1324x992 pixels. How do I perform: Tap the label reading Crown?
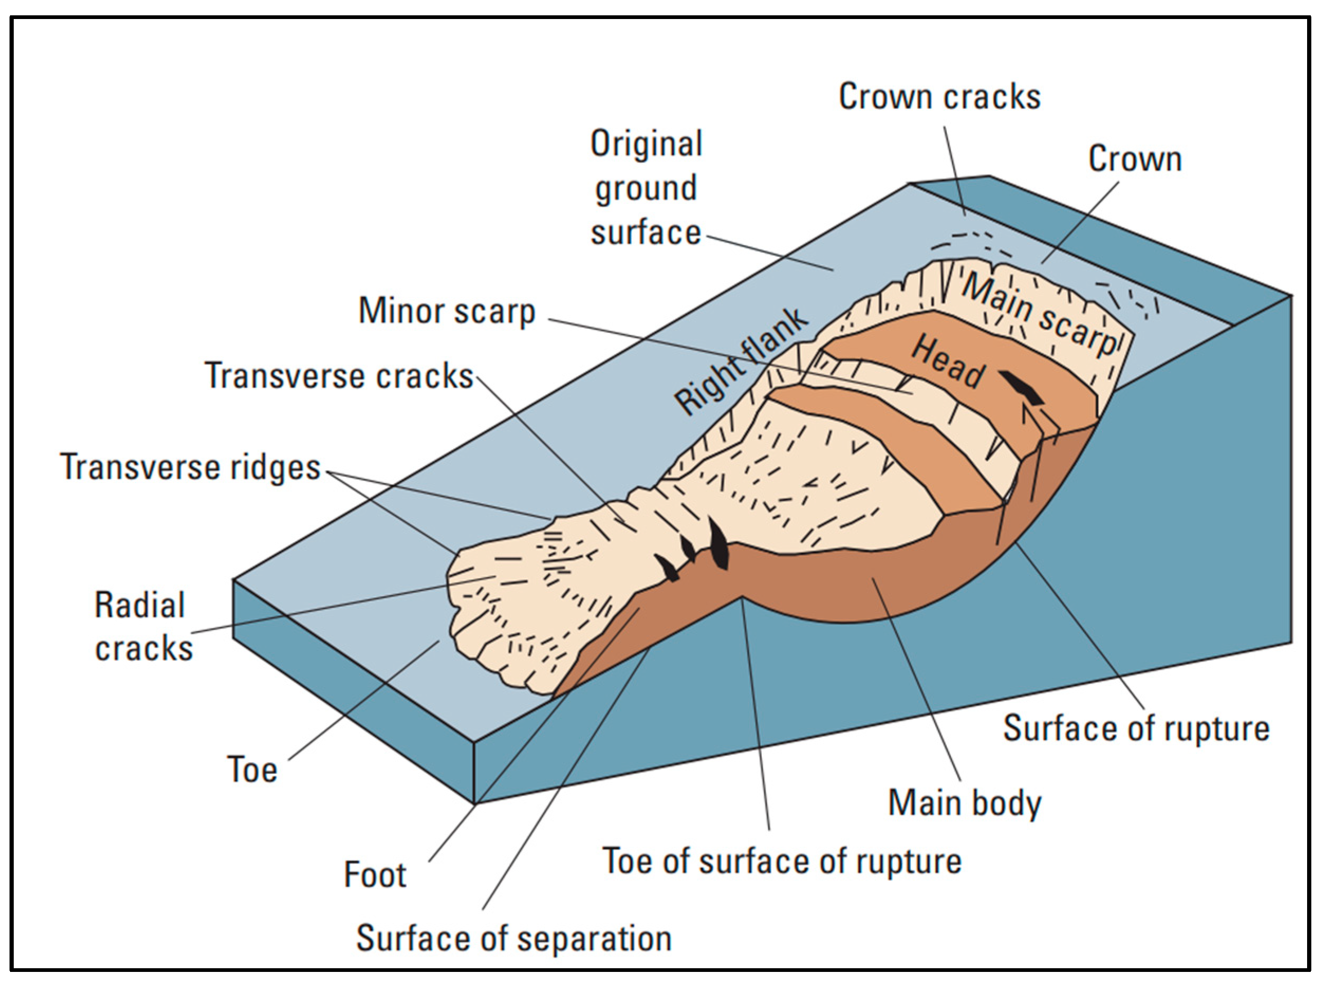(1134, 159)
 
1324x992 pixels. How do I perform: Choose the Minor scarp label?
(446, 311)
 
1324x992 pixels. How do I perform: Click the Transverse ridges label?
(190, 467)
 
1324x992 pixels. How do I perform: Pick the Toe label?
(252, 770)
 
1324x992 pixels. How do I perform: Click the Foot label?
(375, 875)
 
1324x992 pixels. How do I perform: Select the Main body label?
(964, 803)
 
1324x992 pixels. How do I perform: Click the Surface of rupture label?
(1136, 729)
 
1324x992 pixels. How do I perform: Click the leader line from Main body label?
(916, 680)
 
